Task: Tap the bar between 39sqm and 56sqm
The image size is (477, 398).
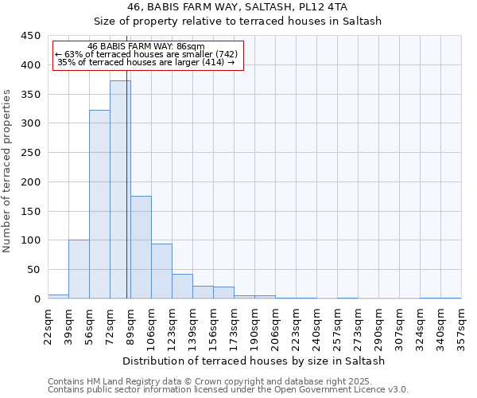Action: (79, 269)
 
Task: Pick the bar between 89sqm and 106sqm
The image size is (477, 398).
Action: (141, 247)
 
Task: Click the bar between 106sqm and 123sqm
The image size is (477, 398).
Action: (161, 271)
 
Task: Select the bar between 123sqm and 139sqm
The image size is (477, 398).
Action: (182, 286)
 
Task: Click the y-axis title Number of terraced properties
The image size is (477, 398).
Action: (8, 171)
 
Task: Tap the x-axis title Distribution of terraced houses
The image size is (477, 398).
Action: (254, 361)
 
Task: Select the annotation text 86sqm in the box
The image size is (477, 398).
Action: (191, 47)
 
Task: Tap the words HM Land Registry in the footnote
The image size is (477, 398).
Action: (112, 381)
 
